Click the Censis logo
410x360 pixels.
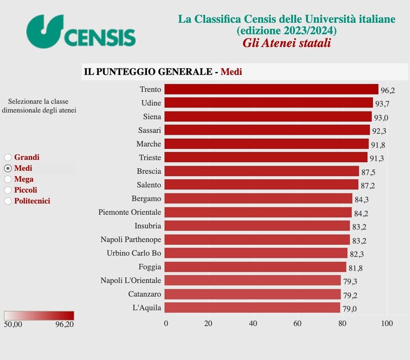[81, 32]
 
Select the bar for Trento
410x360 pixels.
[272, 89]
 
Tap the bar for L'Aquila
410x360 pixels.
[252, 308]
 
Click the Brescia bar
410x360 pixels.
[262, 171]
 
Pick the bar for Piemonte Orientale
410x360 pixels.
[258, 212]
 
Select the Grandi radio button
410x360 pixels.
[8, 157]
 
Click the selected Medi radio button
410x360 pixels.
[8, 168]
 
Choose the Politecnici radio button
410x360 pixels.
[8, 201]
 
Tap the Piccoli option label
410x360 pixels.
[26, 190]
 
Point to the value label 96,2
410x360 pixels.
[388, 90]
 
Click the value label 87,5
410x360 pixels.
[368, 172]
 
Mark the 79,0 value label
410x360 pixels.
[350, 309]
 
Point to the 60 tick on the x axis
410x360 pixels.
[297, 324]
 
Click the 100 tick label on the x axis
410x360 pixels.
[387, 324]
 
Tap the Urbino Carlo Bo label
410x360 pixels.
[134, 253]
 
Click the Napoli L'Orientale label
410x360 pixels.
[131, 280]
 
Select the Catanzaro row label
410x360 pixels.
[145, 294]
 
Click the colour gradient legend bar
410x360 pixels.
[39, 316]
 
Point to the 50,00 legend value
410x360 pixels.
[13, 324]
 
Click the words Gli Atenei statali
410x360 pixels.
[287, 43]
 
